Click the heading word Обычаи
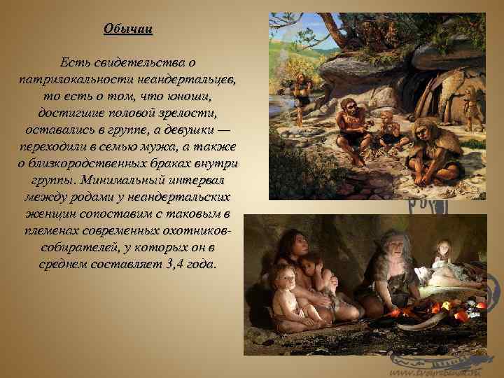click(128, 29)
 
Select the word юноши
click(189, 95)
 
